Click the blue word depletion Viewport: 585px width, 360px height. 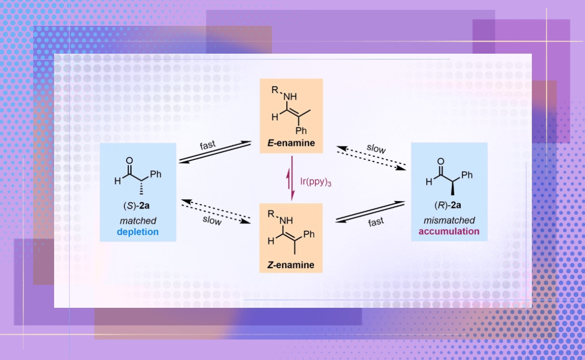[137, 232]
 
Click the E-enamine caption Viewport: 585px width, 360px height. [291, 143]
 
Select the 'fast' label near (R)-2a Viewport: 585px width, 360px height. [375, 222]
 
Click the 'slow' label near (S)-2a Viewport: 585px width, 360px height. [213, 220]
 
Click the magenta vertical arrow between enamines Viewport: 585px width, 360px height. [292, 179]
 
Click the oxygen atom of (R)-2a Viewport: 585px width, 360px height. [441, 161]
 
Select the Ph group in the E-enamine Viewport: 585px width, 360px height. [302, 131]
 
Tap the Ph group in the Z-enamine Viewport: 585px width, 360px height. [309, 235]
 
